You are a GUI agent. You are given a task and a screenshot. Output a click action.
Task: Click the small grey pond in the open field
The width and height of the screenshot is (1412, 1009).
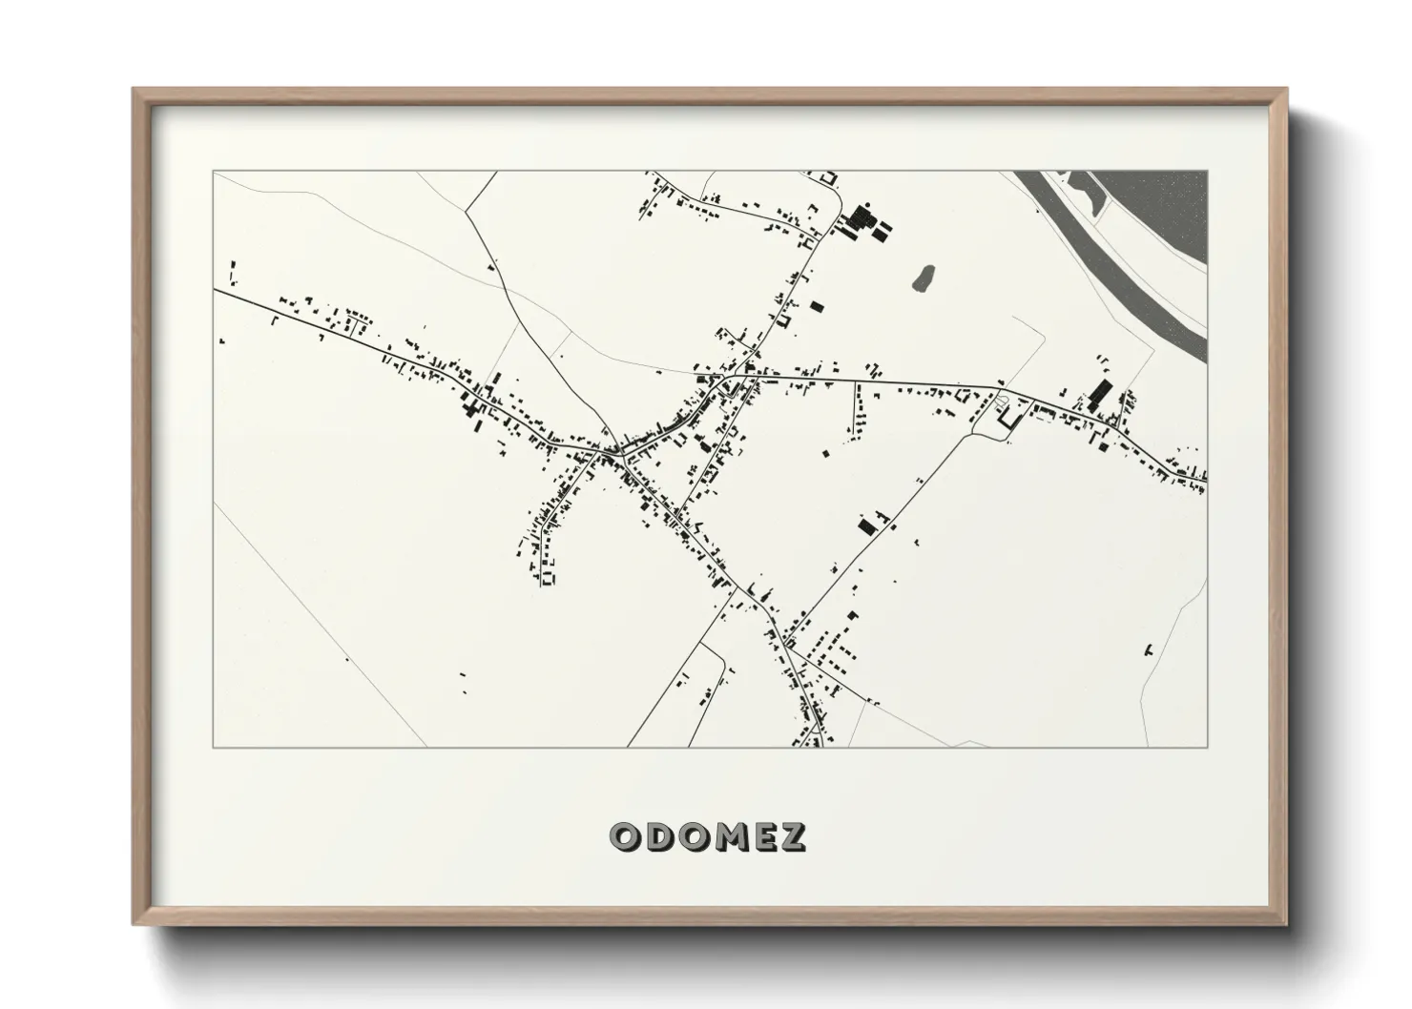point(923,278)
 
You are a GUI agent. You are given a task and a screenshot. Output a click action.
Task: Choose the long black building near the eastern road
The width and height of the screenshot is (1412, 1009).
point(1098,394)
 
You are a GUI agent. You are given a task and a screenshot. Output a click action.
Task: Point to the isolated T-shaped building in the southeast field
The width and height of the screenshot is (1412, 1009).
point(1149,650)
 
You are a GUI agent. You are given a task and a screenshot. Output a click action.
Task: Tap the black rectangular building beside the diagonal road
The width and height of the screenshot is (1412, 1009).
point(866,525)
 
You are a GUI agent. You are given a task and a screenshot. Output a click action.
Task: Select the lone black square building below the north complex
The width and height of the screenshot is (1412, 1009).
point(816,307)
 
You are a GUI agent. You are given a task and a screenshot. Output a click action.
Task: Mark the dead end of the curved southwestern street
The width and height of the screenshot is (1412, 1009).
point(548,579)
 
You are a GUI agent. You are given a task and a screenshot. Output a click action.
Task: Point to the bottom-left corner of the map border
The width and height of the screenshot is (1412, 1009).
point(213,747)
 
